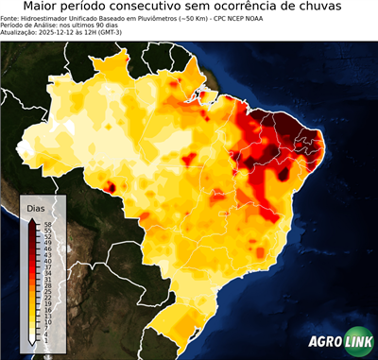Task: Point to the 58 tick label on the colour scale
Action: tap(46, 224)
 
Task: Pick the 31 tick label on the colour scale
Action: tap(46, 279)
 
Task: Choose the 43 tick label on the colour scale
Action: tap(46, 254)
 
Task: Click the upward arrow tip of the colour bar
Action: tap(32, 218)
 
